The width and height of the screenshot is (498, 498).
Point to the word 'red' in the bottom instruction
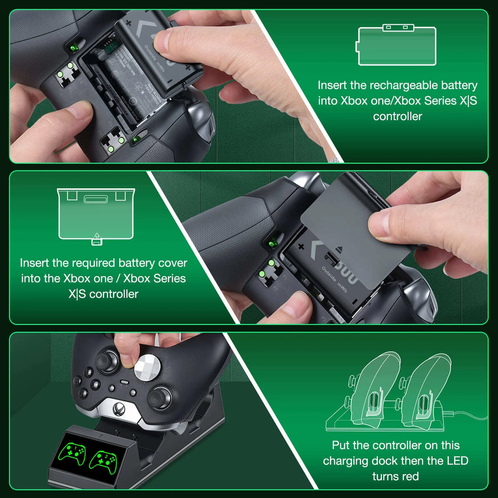[x=409, y=476]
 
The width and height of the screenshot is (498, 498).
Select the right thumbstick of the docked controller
[x=160, y=397]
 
